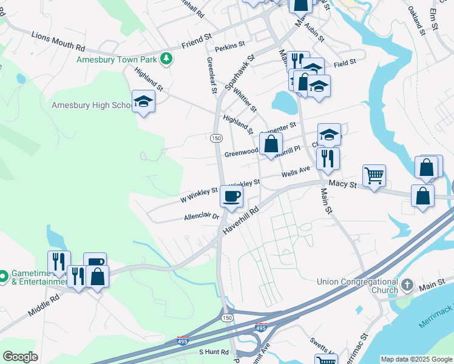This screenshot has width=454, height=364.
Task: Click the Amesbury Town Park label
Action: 117,59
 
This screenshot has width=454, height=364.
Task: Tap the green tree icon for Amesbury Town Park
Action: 166,59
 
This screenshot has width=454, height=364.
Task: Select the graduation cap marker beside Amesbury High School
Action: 143,101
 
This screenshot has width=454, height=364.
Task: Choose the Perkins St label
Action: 230,44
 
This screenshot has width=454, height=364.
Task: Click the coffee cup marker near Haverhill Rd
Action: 231,196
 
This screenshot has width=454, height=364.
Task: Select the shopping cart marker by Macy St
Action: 374,176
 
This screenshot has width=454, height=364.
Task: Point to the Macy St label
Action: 342,183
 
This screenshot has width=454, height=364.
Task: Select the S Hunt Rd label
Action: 214,352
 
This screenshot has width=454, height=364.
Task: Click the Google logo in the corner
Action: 20,357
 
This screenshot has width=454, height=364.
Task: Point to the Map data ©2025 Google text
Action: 416,359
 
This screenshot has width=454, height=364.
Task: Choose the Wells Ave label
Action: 296,172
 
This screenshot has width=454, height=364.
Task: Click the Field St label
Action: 344,62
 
